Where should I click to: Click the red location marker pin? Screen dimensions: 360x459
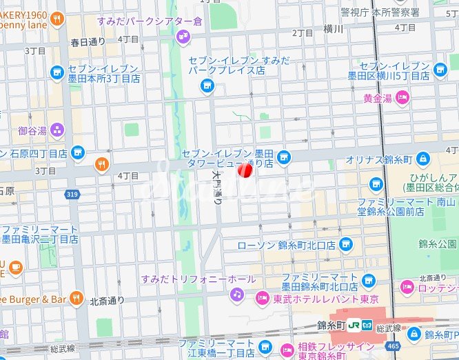coord(245,170)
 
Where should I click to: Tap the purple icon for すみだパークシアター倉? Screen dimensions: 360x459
coord(183,37)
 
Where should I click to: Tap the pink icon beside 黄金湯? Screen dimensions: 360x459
coord(402,99)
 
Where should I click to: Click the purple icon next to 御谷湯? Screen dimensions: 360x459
coord(57,130)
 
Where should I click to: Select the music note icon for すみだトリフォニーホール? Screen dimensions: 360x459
coord(237,294)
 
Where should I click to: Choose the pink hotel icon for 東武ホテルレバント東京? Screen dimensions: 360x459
coord(262,298)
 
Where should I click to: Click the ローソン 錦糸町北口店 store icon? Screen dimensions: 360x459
coord(345,244)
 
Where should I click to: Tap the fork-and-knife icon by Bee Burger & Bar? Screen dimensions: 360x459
coord(76,299)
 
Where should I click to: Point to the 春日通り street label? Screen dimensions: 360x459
coord(88,42)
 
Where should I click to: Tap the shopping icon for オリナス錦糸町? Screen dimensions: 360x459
coord(422,159)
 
